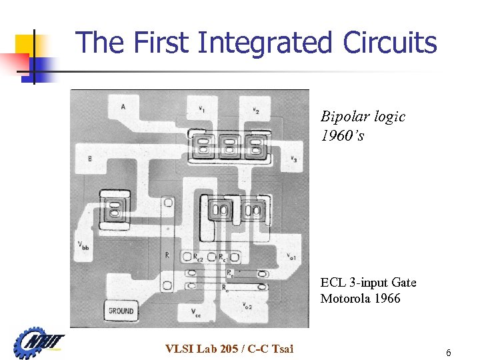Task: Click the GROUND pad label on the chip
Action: (121, 311)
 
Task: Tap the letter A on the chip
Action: (123, 107)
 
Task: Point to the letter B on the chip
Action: (90, 159)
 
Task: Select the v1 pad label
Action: (201, 108)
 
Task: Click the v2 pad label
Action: (255, 111)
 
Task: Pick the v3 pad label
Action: (293, 159)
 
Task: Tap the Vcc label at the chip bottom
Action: (195, 312)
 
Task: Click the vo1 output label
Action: (292, 256)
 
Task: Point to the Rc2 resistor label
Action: (198, 257)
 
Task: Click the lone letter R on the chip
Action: (167, 255)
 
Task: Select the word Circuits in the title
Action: (390, 43)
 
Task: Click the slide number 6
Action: (449, 353)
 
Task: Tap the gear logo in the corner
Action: (34, 343)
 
